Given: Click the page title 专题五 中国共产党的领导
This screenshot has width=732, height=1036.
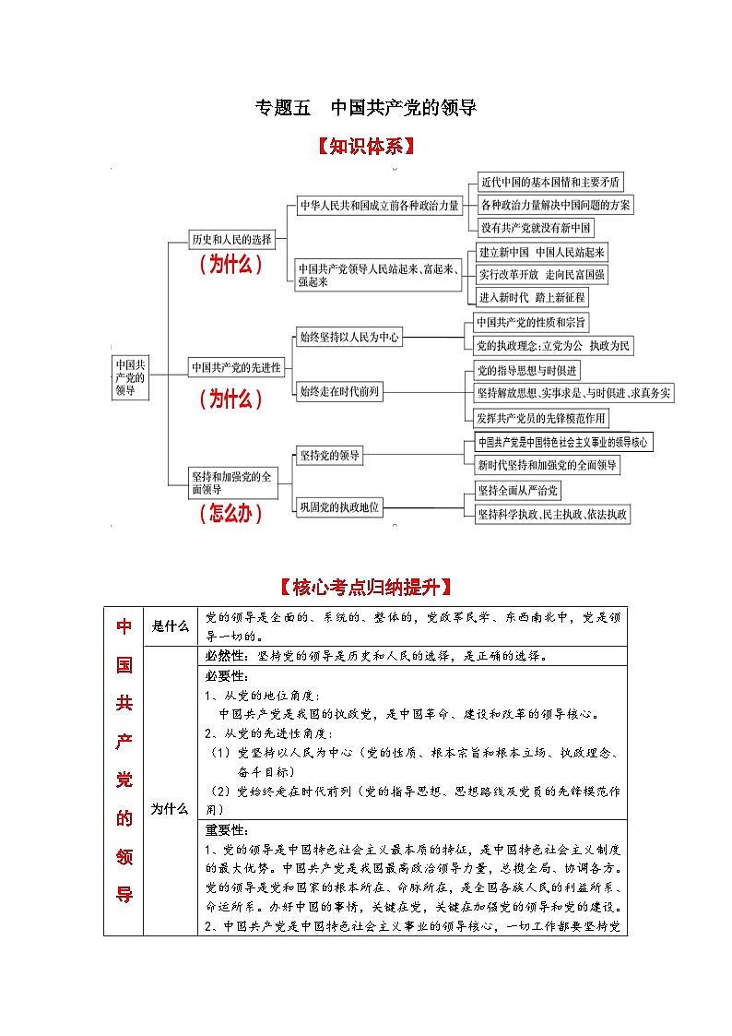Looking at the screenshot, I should (365, 108).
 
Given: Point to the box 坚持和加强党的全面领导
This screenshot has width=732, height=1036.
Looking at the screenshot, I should (231, 482).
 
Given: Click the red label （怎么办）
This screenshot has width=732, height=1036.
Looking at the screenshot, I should (230, 514).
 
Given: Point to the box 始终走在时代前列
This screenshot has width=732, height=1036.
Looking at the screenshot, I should (339, 392).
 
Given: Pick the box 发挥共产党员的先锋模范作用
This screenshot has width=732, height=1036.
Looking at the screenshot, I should (541, 418).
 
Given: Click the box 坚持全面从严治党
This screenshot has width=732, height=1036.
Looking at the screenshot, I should (518, 490).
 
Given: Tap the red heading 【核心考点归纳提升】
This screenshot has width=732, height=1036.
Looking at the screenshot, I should (365, 587).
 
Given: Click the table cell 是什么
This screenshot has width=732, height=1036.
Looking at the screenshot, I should (171, 626).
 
